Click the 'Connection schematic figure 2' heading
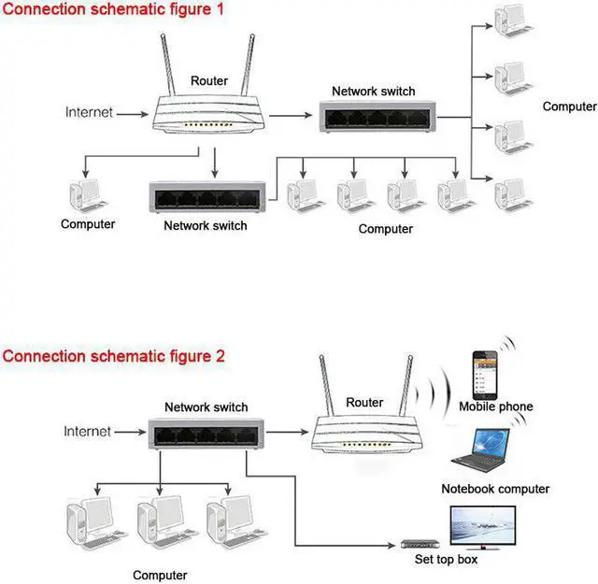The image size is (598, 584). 113,356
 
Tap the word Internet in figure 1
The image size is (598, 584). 89,112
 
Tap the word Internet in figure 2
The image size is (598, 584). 87,431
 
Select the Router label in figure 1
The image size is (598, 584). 208,81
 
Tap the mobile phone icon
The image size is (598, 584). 484,373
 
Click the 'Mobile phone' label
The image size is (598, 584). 495,406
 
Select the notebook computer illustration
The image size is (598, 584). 481,451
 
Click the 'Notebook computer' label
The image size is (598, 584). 495,489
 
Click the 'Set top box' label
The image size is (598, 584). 446,560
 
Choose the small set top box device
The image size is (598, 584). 420,544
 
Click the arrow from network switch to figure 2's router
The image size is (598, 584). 290,433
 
